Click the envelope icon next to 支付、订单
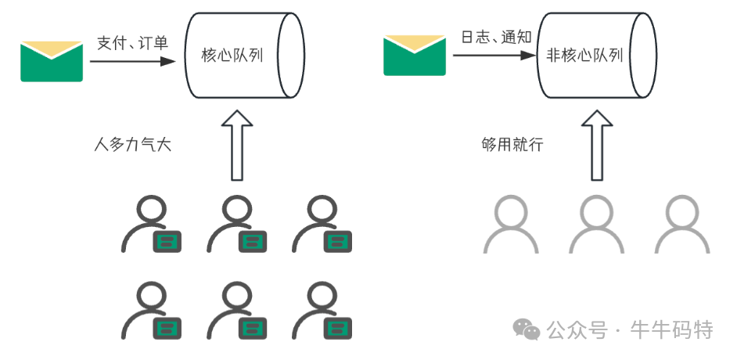point(52,61)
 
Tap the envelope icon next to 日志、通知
point(414,55)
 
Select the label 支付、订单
point(132,43)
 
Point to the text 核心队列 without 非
point(232,56)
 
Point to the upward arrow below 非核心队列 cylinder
point(598,145)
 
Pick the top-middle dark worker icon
point(237,224)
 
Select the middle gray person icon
point(597,224)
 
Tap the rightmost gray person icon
point(682,224)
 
